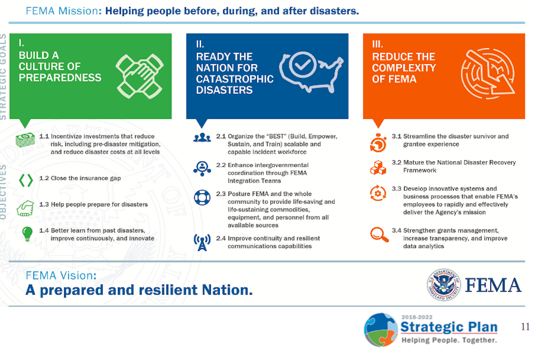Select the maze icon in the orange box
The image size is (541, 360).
point(487,73)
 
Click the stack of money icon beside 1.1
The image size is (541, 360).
point(25,140)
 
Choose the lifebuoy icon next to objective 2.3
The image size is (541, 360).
point(202,197)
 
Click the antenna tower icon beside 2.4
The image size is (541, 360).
point(202,242)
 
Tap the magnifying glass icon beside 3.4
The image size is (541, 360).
point(379,234)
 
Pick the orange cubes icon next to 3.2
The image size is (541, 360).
point(378,167)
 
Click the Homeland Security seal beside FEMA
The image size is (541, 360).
point(443,285)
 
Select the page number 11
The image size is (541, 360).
point(525,327)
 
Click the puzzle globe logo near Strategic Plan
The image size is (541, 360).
point(381,330)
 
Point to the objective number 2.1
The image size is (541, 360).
point(221,137)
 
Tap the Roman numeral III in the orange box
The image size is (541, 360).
point(377,44)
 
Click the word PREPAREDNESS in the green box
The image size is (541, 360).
point(60,77)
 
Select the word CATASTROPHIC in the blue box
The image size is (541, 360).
point(235,79)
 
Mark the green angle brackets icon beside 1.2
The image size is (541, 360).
point(25,180)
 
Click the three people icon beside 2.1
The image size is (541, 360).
point(202,137)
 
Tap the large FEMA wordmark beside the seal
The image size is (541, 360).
point(493,285)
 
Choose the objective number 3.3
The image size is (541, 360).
point(396,189)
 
